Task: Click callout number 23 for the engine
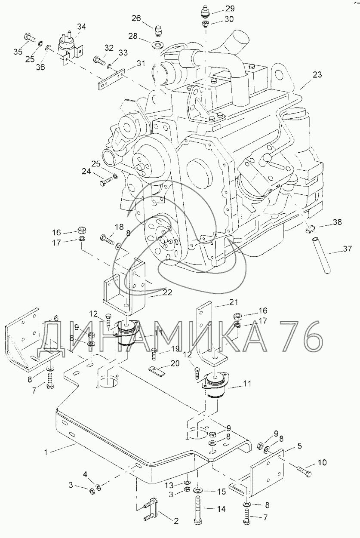click(x=317, y=75)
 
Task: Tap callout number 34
click(x=81, y=27)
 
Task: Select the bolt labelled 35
click(x=30, y=37)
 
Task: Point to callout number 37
click(x=347, y=249)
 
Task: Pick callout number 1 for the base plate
click(x=46, y=452)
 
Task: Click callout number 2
click(x=176, y=521)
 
